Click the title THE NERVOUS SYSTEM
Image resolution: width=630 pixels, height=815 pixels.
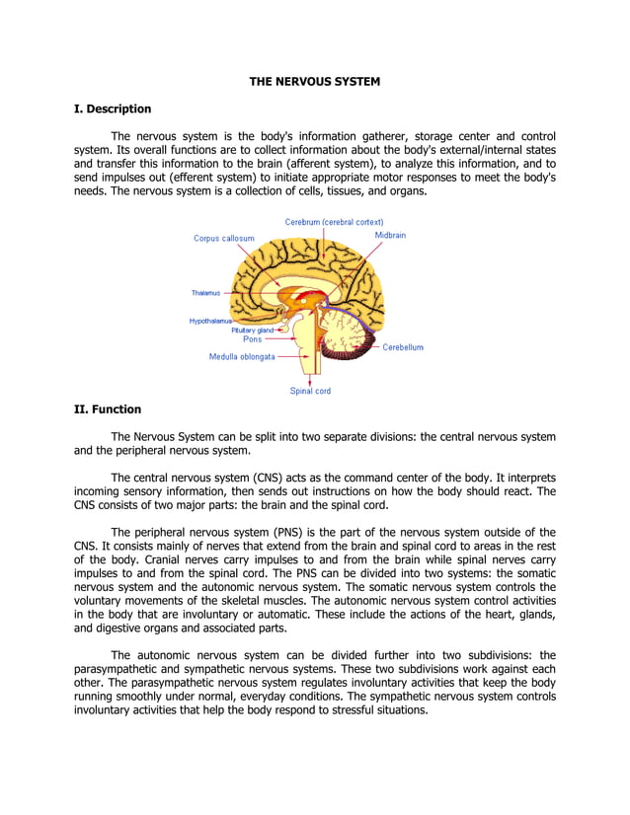pos(314,81)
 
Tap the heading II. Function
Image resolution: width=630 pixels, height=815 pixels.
pos(108,409)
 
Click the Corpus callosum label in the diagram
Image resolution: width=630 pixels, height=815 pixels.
pos(223,239)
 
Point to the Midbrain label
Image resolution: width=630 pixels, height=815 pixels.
pos(390,236)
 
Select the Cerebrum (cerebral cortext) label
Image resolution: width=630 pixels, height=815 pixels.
pos(334,222)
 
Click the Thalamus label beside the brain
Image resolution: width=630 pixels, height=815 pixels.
pos(206,293)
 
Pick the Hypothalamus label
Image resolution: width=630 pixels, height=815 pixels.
pos(210,321)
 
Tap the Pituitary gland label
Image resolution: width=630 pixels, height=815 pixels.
pos(252,331)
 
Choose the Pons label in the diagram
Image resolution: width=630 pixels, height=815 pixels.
pos(252,339)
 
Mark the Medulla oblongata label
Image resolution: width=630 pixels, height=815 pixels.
pos(242,357)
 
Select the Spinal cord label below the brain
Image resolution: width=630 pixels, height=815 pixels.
pos(310,391)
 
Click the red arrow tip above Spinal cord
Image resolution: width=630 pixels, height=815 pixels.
pos(311,380)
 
